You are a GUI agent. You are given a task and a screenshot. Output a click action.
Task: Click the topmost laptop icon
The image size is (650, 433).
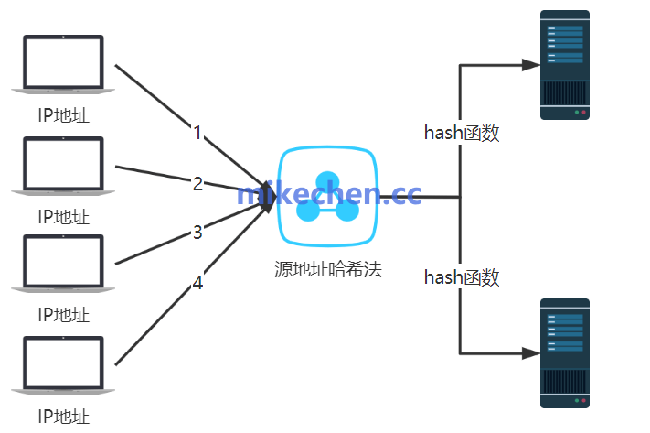click(x=63, y=63)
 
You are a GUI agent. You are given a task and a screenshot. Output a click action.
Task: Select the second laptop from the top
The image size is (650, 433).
click(x=63, y=165)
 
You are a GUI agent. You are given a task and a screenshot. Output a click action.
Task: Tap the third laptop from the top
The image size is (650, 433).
click(x=63, y=264)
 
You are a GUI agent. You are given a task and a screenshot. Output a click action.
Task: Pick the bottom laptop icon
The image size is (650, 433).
click(x=63, y=365)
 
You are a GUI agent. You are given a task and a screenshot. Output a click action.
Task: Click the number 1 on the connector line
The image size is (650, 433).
click(x=197, y=133)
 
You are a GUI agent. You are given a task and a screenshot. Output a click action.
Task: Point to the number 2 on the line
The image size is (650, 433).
click(x=197, y=183)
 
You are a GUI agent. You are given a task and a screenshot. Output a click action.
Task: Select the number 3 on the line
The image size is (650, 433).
click(x=197, y=233)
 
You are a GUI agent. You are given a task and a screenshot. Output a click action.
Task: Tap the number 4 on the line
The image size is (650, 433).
click(x=197, y=284)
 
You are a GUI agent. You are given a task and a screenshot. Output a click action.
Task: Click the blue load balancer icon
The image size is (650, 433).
click(x=327, y=197)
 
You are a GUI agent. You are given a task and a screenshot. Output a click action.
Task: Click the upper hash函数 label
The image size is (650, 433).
click(x=462, y=133)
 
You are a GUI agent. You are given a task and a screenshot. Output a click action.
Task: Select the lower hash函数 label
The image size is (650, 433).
click(x=462, y=277)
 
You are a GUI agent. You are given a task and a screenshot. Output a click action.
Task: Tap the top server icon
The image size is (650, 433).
click(x=564, y=65)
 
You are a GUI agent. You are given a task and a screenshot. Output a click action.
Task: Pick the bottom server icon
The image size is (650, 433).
click(x=564, y=352)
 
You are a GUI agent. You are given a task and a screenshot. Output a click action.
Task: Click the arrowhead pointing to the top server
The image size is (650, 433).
click(x=529, y=65)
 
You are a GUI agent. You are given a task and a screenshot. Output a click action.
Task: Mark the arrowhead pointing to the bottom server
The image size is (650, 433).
click(x=529, y=352)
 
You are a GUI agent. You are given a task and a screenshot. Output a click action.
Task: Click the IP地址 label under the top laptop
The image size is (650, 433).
click(x=63, y=116)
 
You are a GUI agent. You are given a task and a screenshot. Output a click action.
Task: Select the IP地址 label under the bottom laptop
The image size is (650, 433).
click(x=63, y=417)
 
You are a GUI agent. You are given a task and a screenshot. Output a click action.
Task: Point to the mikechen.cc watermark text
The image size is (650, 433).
click(x=328, y=194)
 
